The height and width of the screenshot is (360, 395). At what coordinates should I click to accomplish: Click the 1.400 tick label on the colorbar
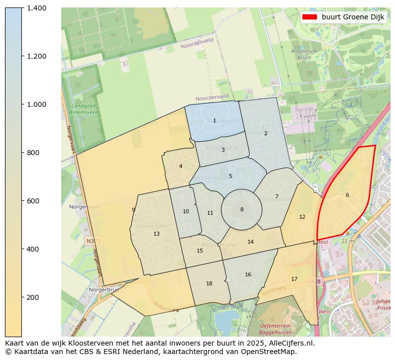(x=36, y=8)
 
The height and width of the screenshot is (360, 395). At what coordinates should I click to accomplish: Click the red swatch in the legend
(x=309, y=17)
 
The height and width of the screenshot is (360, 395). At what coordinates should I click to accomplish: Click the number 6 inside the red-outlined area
(x=347, y=195)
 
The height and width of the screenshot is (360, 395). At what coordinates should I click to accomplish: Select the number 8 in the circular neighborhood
(x=242, y=209)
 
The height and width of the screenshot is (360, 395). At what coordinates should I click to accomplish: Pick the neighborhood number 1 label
(x=214, y=120)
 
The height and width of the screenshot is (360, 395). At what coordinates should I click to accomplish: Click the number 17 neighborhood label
(x=294, y=279)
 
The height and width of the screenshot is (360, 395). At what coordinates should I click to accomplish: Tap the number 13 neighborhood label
(x=156, y=234)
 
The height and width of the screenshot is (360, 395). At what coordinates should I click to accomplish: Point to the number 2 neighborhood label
(x=266, y=133)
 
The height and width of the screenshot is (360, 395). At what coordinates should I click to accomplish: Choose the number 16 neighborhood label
(x=248, y=274)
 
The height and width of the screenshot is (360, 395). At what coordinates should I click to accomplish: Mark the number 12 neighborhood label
(x=302, y=217)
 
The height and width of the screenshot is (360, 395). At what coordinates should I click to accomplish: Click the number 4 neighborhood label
(x=181, y=166)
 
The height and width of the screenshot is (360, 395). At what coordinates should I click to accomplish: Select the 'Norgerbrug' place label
(x=102, y=289)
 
